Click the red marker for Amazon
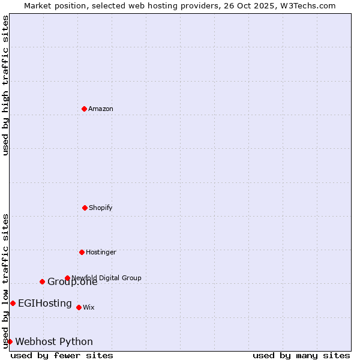(84, 109)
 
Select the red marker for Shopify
(85, 208)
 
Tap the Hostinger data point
(82, 252)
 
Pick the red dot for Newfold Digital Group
(67, 278)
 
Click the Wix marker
(79, 307)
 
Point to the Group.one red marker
(42, 281)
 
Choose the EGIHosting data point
(13, 303)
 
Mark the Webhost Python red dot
(10, 341)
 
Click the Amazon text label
(101, 109)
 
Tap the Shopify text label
(101, 208)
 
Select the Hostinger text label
(101, 252)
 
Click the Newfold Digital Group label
(106, 278)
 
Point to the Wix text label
(89, 307)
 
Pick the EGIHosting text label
(45, 303)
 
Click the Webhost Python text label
(54, 341)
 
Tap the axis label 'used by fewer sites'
(62, 355)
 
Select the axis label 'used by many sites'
(301, 355)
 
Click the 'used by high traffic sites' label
(5, 85)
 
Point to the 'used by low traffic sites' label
(5, 281)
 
